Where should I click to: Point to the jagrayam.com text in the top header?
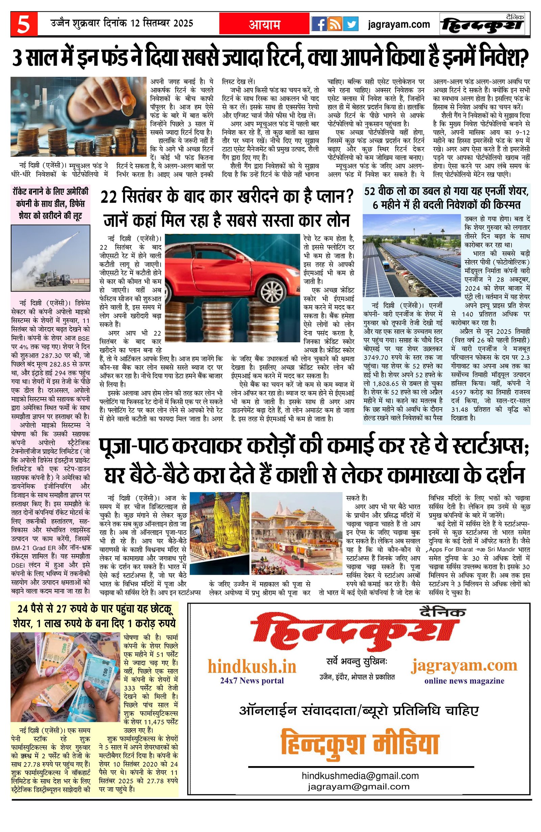coord(399,24)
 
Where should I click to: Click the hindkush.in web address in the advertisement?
coord(252,667)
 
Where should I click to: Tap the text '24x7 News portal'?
coord(252,681)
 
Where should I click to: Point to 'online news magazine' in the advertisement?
coord(464,681)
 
